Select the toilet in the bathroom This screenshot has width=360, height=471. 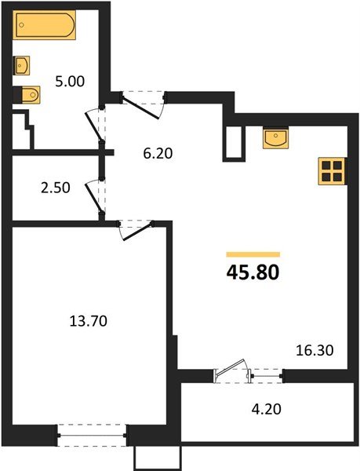click(29, 95)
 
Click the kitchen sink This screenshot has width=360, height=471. click(276, 139)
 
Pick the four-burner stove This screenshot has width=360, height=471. click(332, 171)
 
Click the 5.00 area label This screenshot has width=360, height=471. click(68, 79)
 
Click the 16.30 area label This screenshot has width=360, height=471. click(315, 349)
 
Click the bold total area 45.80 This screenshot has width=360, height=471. click(253, 274)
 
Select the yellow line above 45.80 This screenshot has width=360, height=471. click(253, 254)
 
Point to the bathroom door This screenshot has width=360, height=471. click(96, 124)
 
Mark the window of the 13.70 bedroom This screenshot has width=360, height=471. click(92, 431)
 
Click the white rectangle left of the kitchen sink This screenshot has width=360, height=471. click(234, 141)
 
